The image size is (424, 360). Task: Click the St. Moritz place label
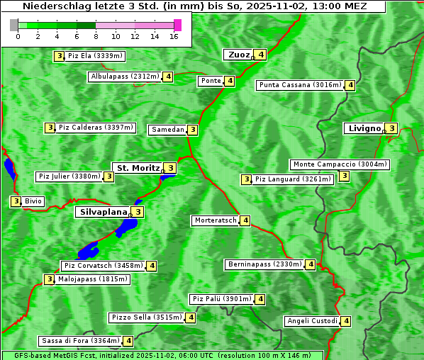[x=138, y=168]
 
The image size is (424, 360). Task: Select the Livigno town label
[x=364, y=128]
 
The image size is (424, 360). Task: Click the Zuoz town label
[x=238, y=55]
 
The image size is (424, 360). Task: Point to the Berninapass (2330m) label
[x=264, y=264]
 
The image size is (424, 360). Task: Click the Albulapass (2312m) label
[x=125, y=77]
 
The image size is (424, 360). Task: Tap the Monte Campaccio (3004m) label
[x=340, y=164]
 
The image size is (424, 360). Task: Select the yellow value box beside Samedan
[x=193, y=130]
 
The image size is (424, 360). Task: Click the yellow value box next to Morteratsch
[x=245, y=220]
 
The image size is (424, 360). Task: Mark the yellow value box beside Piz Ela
[x=59, y=56]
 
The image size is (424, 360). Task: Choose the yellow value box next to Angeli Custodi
[x=346, y=321]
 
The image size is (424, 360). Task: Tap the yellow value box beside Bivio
[x=15, y=201]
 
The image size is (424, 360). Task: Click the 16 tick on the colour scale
[x=174, y=36]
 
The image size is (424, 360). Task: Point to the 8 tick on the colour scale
[x=96, y=36]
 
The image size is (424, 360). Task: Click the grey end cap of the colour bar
[x=13, y=25]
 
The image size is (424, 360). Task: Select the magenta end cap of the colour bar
[x=177, y=25]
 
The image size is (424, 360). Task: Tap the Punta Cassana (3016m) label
[x=300, y=85]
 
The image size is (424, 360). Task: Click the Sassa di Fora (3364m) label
[x=80, y=341]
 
